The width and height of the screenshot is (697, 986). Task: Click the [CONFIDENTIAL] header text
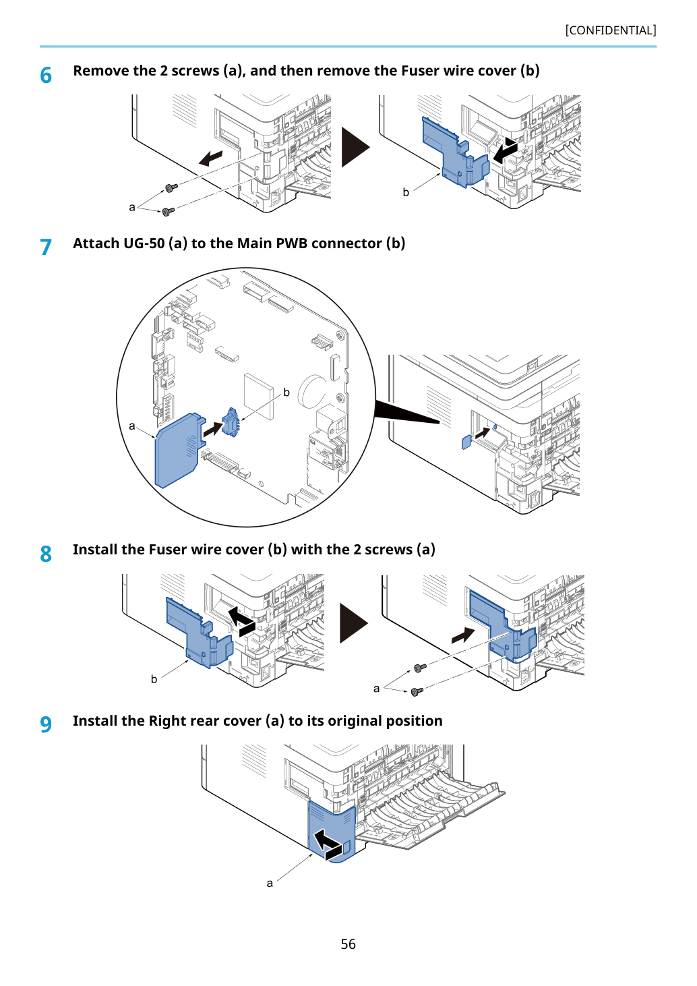pyautogui.click(x=610, y=30)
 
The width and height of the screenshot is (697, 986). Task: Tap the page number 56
pyautogui.click(x=348, y=944)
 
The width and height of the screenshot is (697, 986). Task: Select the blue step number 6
pyautogui.click(x=46, y=75)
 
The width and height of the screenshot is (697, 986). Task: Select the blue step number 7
pyautogui.click(x=46, y=247)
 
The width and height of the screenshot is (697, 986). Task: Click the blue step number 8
pyautogui.click(x=46, y=554)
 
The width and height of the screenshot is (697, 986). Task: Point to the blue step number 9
pyautogui.click(x=46, y=724)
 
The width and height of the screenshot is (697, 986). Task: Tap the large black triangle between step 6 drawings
pyautogui.click(x=355, y=147)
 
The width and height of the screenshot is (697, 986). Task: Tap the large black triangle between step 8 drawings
pyautogui.click(x=354, y=623)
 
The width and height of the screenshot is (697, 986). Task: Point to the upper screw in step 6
pyautogui.click(x=171, y=188)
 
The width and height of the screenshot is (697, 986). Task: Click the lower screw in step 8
pyautogui.click(x=417, y=691)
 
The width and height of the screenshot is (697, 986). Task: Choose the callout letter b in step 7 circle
pyautogui.click(x=286, y=392)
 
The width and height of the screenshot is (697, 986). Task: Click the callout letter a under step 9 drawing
pyautogui.click(x=270, y=883)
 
